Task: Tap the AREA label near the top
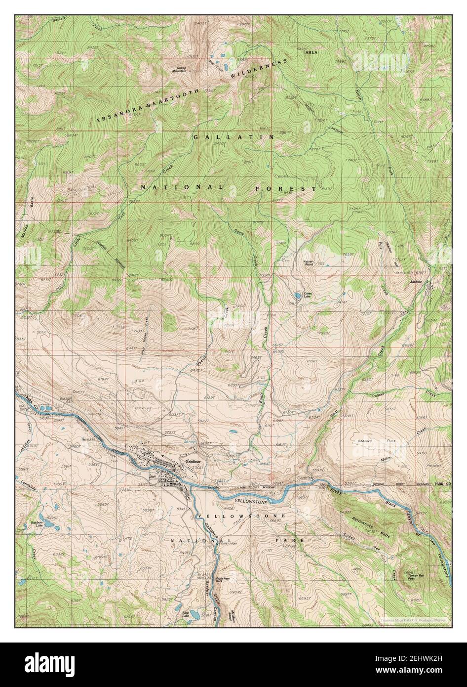311,52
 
